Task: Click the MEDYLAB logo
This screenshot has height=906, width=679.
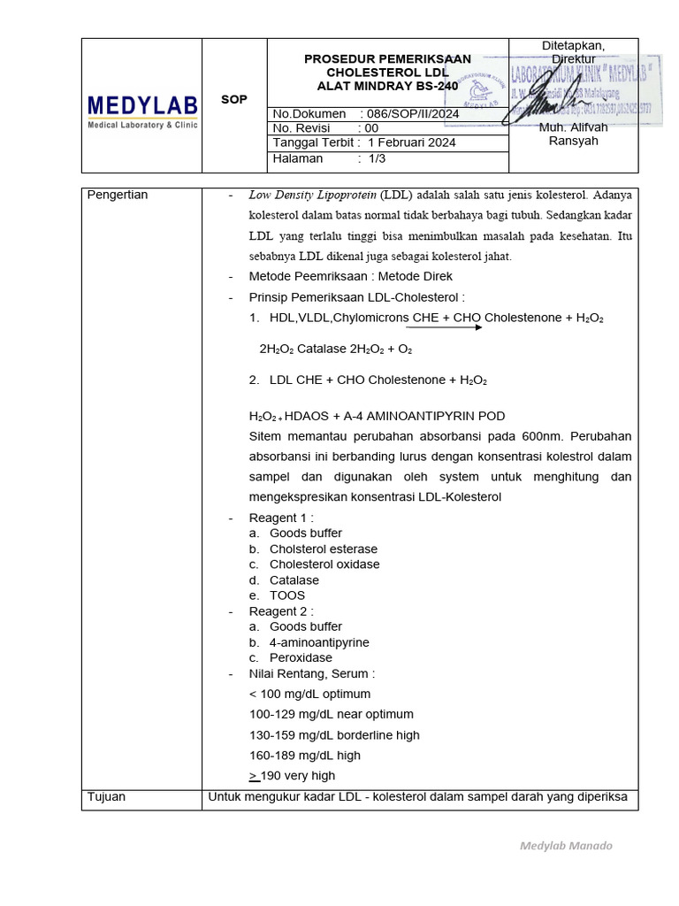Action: pyautogui.click(x=141, y=111)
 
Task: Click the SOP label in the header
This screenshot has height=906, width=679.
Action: pyautogui.click(x=233, y=99)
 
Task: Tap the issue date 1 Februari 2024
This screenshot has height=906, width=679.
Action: pyautogui.click(x=412, y=143)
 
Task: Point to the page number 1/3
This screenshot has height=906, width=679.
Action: pyautogui.click(x=377, y=159)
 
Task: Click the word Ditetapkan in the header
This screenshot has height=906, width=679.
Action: pyautogui.click(x=573, y=46)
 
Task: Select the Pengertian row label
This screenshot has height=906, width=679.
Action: pyautogui.click(x=118, y=195)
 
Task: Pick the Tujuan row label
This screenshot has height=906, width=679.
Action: pyautogui.click(x=107, y=797)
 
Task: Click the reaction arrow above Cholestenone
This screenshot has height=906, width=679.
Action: pyautogui.click(x=444, y=327)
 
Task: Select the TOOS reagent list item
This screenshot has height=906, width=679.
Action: pyautogui.click(x=287, y=595)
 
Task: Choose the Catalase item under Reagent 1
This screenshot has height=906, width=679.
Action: pyautogui.click(x=294, y=580)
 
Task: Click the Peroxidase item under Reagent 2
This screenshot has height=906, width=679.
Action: pyautogui.click(x=301, y=658)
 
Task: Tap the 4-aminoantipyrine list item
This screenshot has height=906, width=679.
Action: pyautogui.click(x=319, y=642)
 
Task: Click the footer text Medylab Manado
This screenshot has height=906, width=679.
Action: pyautogui.click(x=565, y=846)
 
